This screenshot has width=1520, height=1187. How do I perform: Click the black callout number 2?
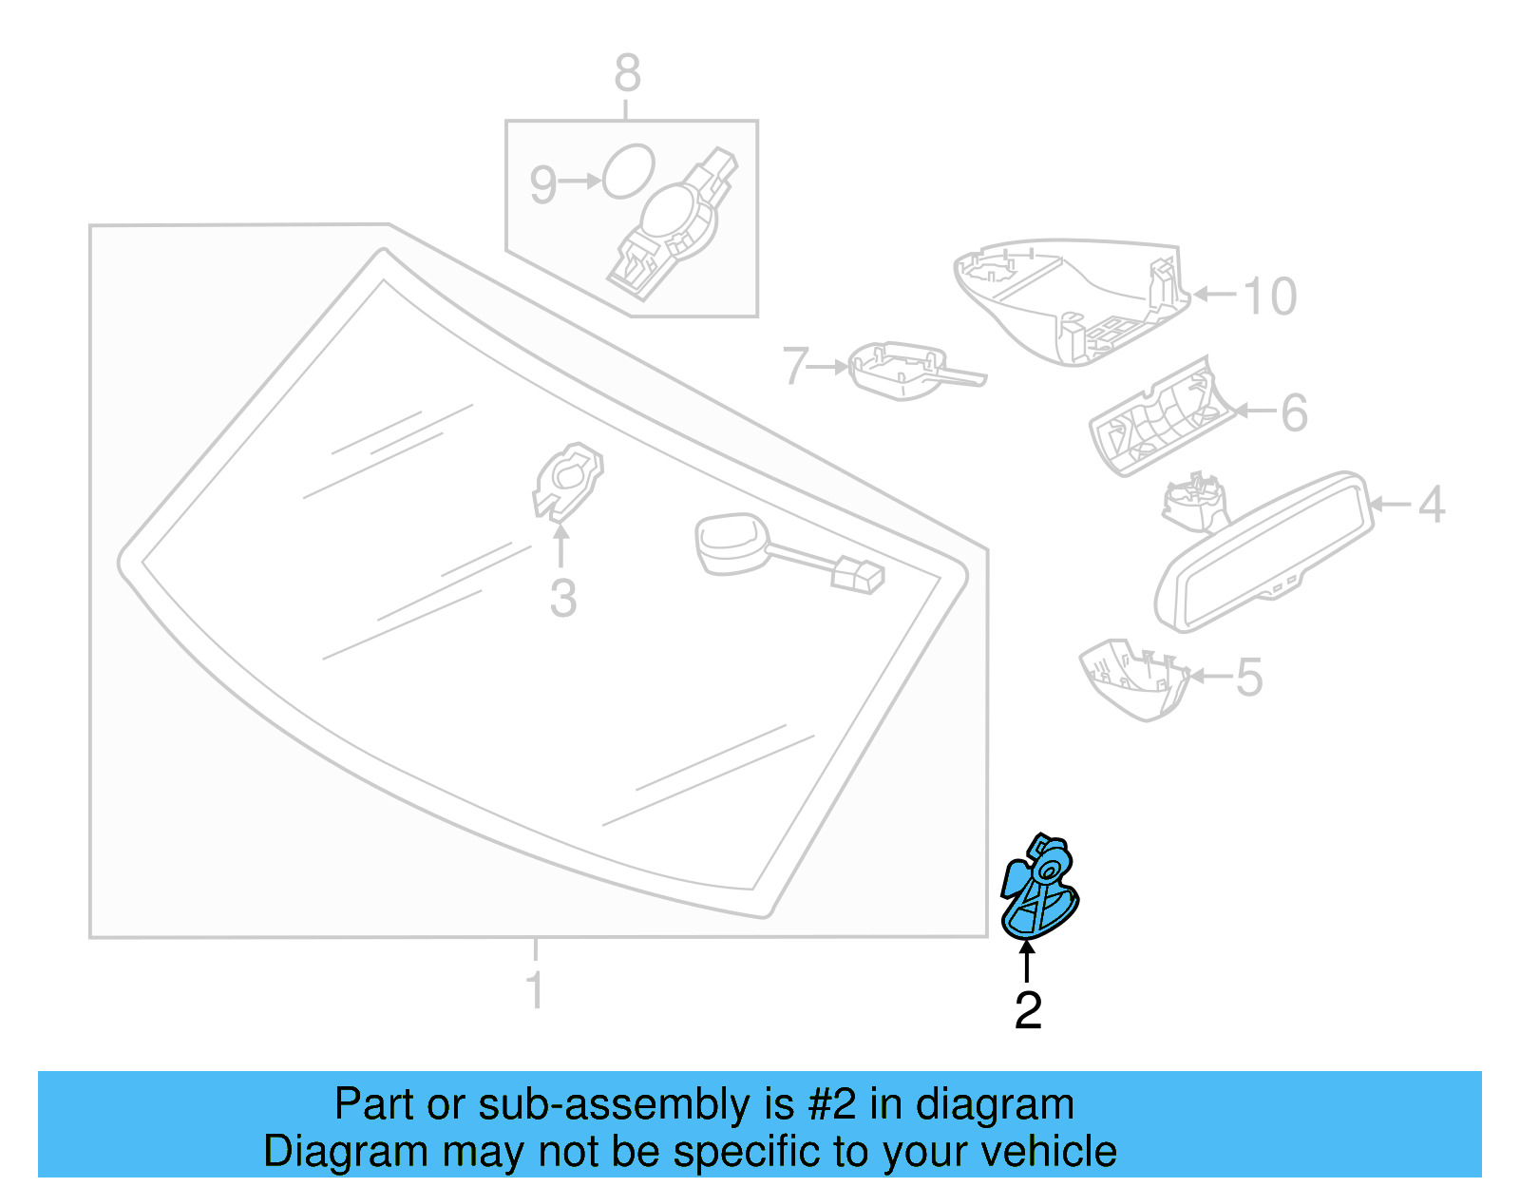tap(1028, 1010)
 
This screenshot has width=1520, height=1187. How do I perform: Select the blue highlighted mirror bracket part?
tap(1039, 890)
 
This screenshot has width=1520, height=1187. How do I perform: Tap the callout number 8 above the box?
tap(627, 73)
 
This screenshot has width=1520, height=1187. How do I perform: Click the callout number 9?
tap(542, 184)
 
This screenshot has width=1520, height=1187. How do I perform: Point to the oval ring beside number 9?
tap(629, 171)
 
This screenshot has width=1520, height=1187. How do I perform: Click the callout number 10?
tap(1269, 297)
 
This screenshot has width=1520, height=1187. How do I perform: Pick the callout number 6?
tap(1294, 412)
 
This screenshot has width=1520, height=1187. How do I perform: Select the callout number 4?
tap(1431, 505)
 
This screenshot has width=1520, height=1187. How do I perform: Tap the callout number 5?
tap(1249, 678)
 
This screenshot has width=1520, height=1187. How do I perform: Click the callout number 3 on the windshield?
tap(563, 599)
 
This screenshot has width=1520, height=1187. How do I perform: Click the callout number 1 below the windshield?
tap(535, 989)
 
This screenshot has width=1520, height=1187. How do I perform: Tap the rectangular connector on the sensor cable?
tap(857, 576)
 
